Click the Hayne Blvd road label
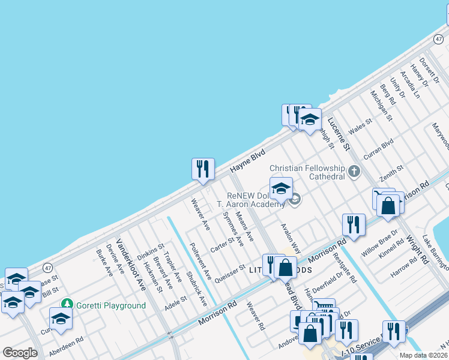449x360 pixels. tap(247, 163)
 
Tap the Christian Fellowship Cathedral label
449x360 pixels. tap(307, 172)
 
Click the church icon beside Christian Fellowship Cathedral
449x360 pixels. tap(354, 172)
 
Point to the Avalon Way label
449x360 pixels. tap(291, 238)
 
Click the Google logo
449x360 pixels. tap(20, 353)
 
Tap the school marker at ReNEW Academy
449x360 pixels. tap(281, 188)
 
